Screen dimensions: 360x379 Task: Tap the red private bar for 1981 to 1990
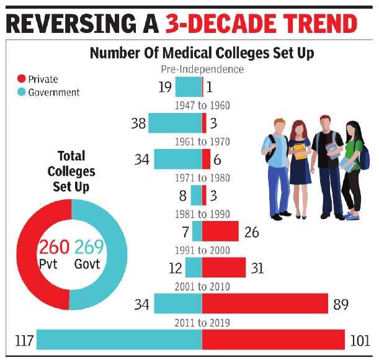220,232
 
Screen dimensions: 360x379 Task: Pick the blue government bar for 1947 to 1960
175,123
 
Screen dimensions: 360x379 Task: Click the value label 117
23,341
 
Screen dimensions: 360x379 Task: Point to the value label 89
341,305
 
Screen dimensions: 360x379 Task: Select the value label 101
359,341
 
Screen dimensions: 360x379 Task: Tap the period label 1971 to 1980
202,179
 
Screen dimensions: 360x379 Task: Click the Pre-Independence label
202,69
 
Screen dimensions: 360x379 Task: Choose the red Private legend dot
21,79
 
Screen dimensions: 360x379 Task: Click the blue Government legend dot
21,92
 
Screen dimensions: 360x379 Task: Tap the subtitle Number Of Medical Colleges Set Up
202,53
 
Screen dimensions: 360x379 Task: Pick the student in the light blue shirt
275,168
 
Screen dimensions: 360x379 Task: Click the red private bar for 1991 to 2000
224,268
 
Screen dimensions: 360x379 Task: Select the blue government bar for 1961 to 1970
178,159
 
